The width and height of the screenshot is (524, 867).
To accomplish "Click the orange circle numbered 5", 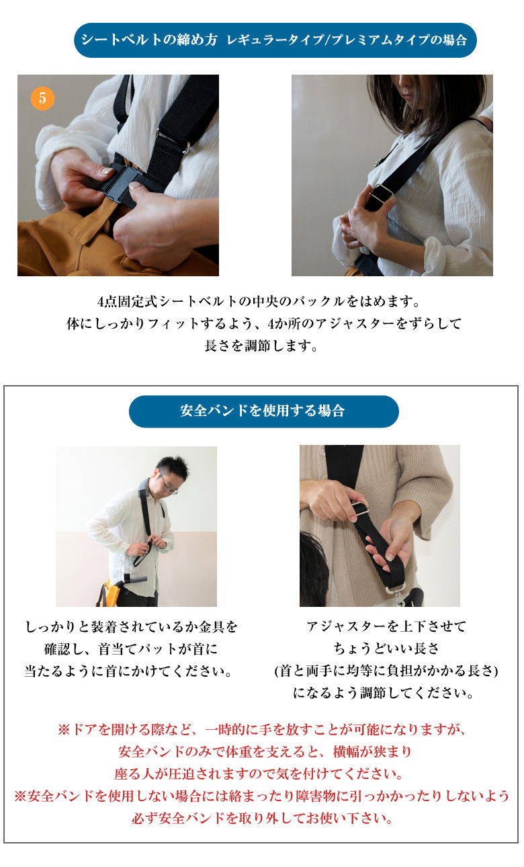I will (x=42, y=98).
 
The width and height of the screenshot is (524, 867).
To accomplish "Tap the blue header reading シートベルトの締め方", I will (x=275, y=40).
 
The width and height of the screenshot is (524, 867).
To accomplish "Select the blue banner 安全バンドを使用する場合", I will (x=263, y=411).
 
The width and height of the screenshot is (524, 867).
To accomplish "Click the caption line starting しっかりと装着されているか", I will (x=132, y=626).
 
